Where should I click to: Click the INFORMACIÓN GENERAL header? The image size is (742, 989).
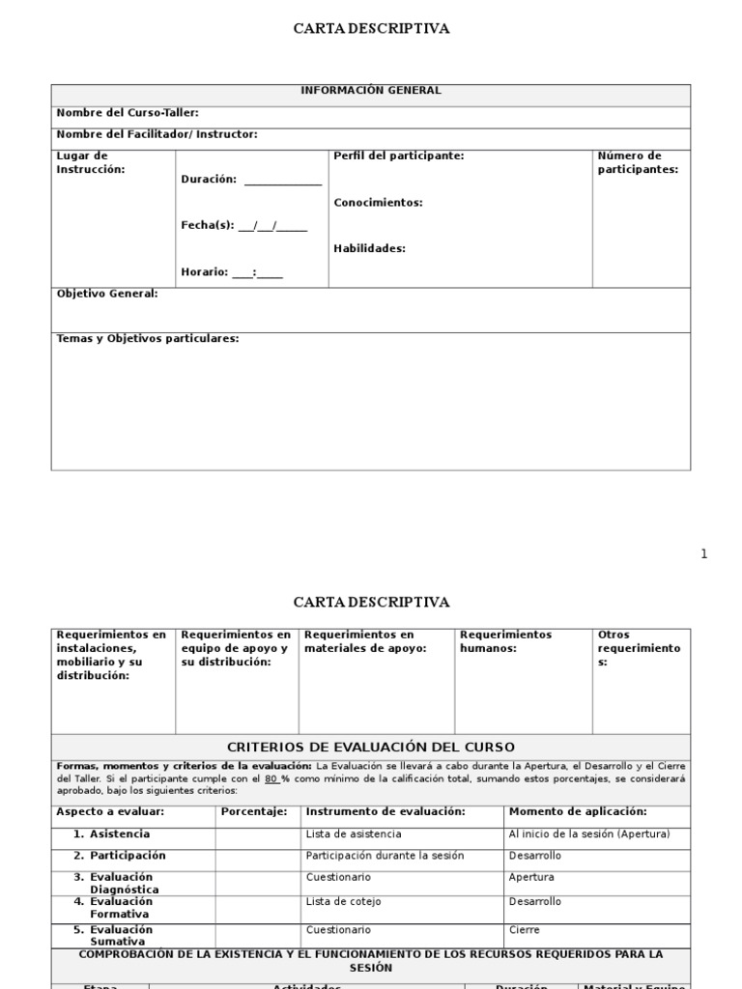[x=371, y=91]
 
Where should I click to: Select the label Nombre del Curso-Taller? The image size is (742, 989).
[x=128, y=112]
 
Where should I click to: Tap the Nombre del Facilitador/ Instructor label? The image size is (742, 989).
[x=157, y=134]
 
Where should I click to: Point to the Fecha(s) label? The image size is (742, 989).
[x=208, y=225]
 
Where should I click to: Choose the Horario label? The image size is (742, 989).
[x=204, y=271]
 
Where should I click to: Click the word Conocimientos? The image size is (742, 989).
[x=378, y=203]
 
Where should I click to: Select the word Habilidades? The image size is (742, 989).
[x=369, y=248]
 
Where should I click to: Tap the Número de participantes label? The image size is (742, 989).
[x=638, y=162]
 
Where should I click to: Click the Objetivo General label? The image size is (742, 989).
[x=106, y=293]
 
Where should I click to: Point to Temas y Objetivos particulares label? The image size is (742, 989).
[x=147, y=338]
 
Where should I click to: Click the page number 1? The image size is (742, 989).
[x=703, y=553]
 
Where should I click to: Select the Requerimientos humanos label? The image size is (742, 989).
[x=505, y=641]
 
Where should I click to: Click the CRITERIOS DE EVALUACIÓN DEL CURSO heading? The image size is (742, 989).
[x=371, y=747]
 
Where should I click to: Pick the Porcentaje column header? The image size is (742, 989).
[x=254, y=811]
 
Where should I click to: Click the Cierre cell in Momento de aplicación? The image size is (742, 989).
[x=524, y=930]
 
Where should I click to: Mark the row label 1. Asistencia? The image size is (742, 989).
[x=112, y=834]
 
